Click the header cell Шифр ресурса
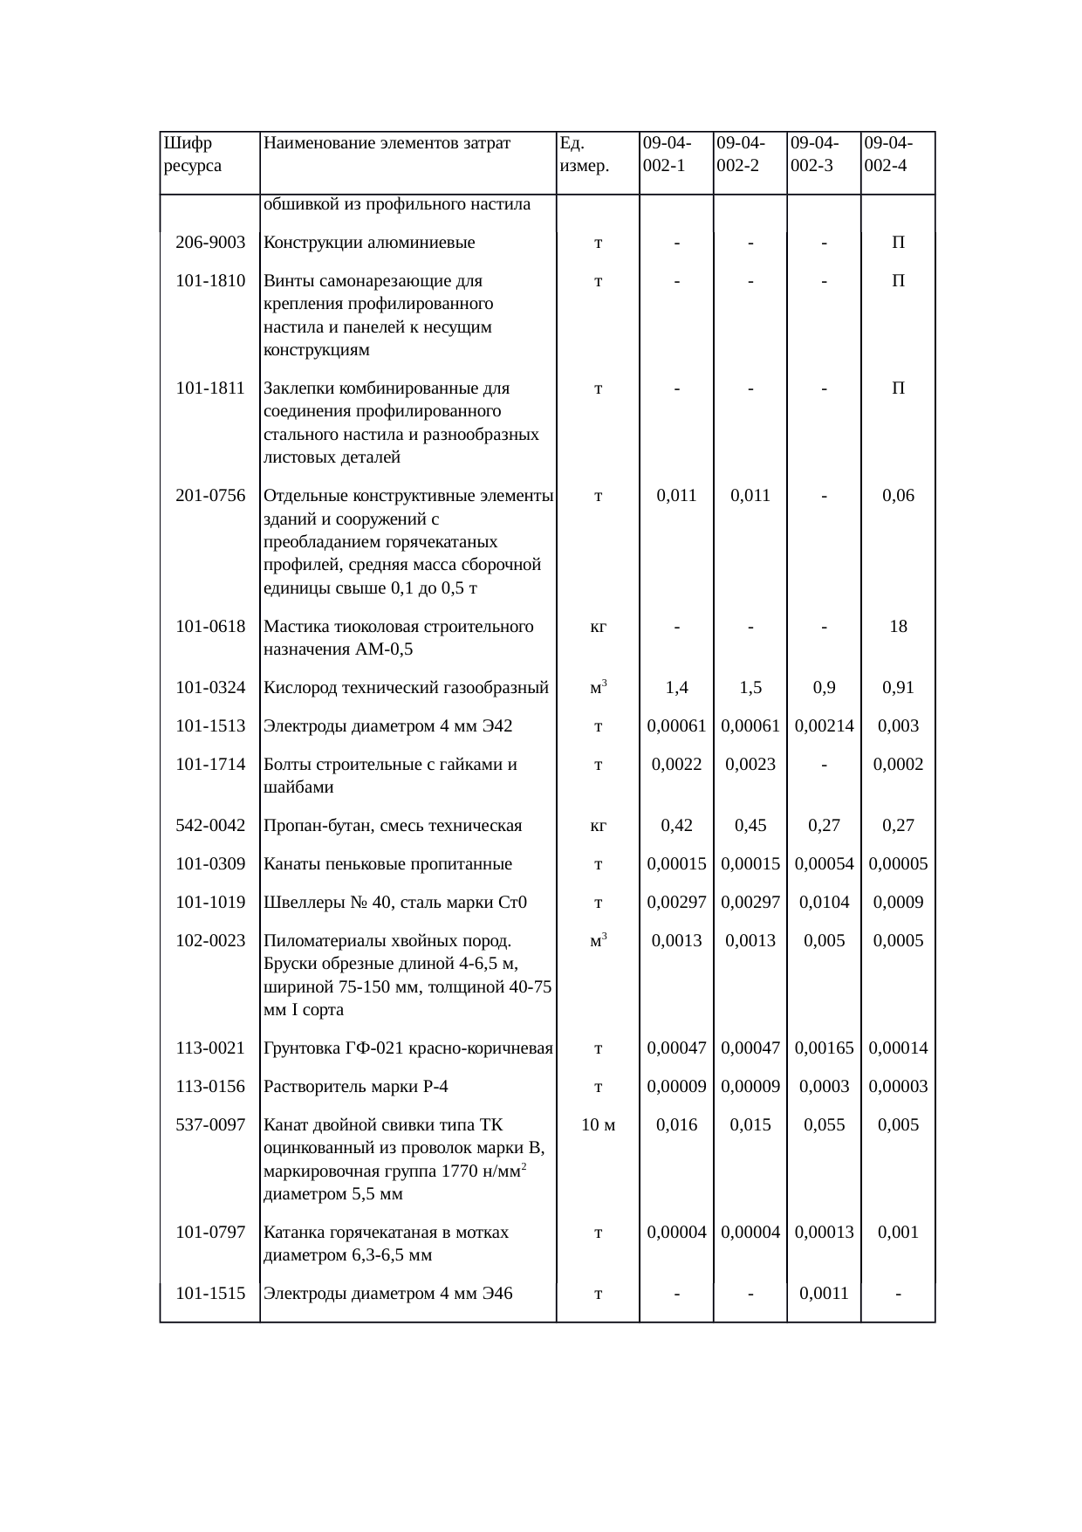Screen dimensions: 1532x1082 click(x=192, y=154)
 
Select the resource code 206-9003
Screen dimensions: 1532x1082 click(x=210, y=243)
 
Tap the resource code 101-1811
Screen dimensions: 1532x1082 click(x=210, y=388)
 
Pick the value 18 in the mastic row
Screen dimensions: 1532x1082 click(x=898, y=627)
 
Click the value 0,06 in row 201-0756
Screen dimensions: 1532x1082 click(x=898, y=496)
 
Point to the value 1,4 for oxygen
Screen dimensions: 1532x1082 click(x=676, y=688)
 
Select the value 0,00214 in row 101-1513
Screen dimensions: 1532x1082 click(x=824, y=726)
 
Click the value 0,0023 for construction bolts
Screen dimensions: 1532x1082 click(x=750, y=765)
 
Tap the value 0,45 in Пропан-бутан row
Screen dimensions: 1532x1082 click(x=750, y=826)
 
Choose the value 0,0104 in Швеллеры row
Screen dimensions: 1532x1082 click(x=824, y=903)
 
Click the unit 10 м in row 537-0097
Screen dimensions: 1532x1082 click(x=598, y=1125)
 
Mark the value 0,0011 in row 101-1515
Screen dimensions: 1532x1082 click(x=824, y=1294)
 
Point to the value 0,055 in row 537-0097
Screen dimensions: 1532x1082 click(x=824, y=1125)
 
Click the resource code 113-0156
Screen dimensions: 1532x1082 click(x=210, y=1087)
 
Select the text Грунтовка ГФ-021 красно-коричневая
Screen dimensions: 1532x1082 click(x=407, y=1048)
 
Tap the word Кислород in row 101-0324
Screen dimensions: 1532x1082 click(x=296, y=688)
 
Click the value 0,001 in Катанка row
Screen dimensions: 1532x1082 click(x=898, y=1233)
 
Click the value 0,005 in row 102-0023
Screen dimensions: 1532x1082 click(x=824, y=941)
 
